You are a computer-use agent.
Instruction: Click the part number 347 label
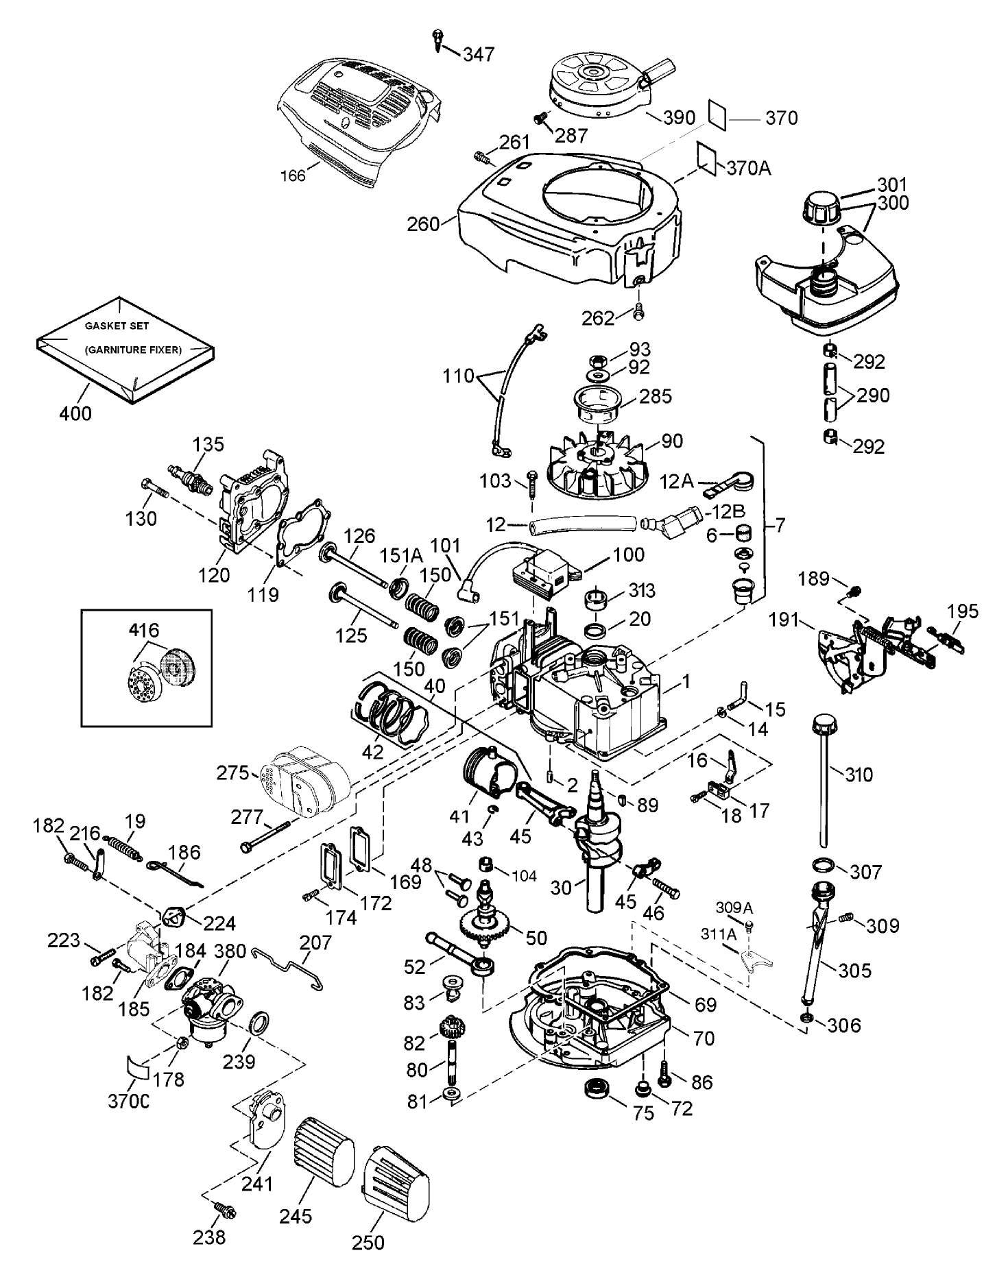coord(478,54)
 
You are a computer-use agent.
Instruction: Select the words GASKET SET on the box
coord(117,326)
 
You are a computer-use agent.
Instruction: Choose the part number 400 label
coord(76,413)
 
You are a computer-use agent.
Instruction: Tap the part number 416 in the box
coord(143,631)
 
